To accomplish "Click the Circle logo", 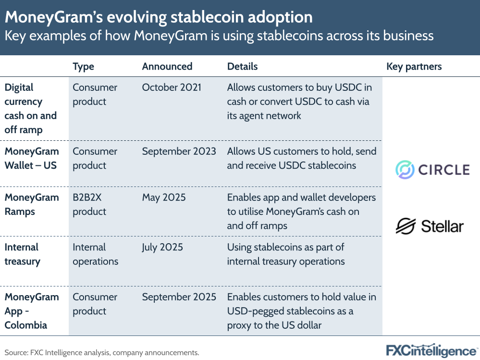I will [x=432, y=170].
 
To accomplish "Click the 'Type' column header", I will [x=83, y=66].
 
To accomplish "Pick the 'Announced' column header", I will [x=167, y=66].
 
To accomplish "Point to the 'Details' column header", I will [x=242, y=66].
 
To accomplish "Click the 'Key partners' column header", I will [x=414, y=66].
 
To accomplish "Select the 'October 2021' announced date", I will [x=172, y=87].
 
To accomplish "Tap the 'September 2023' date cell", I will [x=179, y=151].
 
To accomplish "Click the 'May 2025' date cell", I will [x=164, y=198].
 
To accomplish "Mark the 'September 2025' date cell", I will [x=179, y=297].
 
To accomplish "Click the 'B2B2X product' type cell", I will [x=89, y=205].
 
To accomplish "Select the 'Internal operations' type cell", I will [x=95, y=254].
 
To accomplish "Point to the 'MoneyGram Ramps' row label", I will [x=32, y=205].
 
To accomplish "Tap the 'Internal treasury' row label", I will [x=23, y=254].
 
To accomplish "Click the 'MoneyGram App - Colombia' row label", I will [x=32, y=311].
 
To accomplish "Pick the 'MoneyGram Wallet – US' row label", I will [x=32, y=158].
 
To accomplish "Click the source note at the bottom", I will [x=102, y=352].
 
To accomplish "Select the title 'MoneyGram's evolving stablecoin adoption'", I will [x=159, y=17].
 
